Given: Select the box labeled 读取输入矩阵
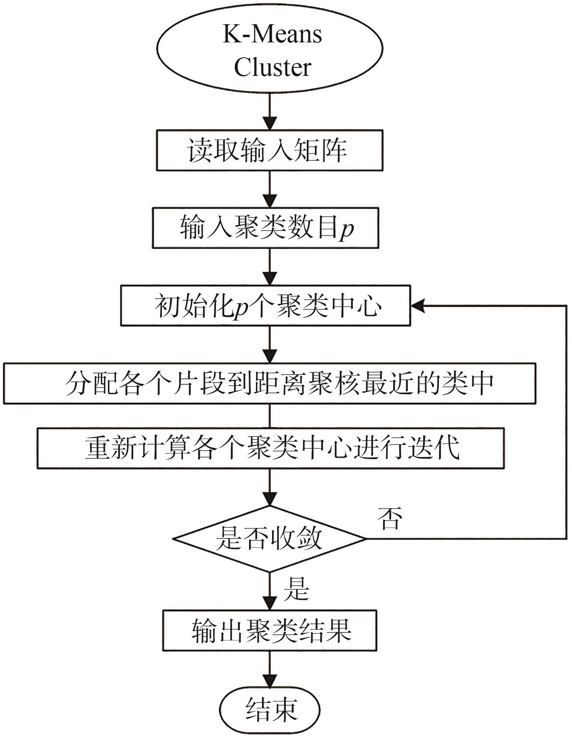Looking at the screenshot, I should [x=270, y=150].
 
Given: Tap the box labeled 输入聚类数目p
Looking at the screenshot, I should [x=265, y=228].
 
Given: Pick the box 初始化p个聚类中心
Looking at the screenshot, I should [x=265, y=306].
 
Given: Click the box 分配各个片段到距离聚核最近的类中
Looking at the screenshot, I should [x=269, y=383].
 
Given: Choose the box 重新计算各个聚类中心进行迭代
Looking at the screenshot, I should [x=270, y=448].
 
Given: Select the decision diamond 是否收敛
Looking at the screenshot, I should [x=269, y=539].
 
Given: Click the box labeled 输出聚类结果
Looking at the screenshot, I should [x=270, y=631].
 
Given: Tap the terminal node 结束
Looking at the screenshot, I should [x=270, y=709].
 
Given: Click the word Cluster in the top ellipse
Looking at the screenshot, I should [x=272, y=67].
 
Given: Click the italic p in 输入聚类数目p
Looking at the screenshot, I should [x=346, y=229].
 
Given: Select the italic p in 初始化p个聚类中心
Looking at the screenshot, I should [x=241, y=308].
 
